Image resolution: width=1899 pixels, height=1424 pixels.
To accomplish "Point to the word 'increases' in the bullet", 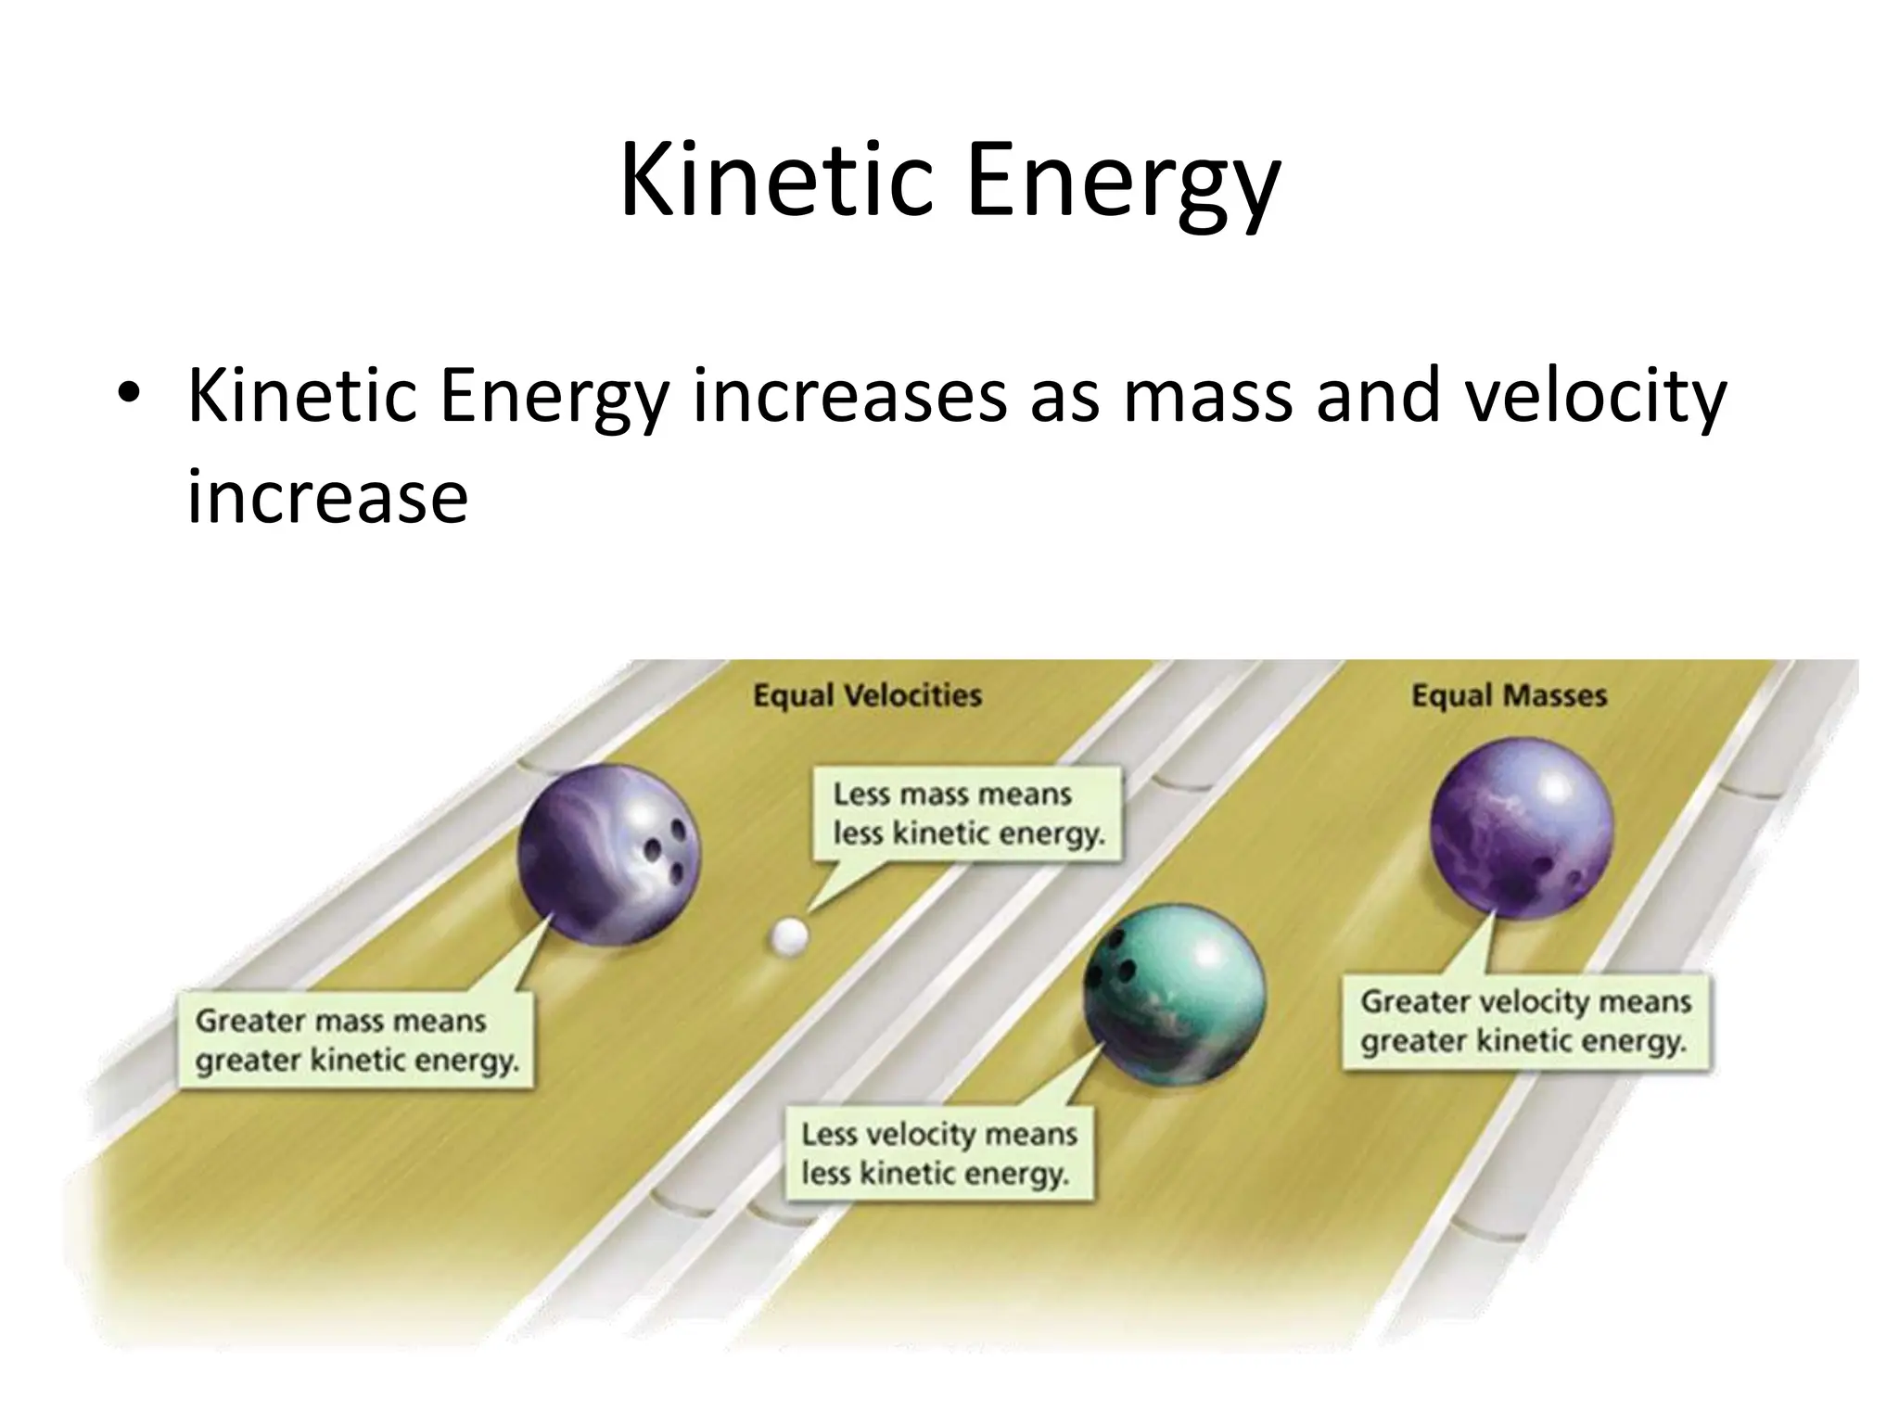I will pyautogui.click(x=849, y=397).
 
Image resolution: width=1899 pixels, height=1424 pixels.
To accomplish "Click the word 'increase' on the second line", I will pyautogui.click(x=327, y=497).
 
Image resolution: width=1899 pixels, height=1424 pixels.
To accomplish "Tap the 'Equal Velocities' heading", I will pyautogui.click(x=867, y=695).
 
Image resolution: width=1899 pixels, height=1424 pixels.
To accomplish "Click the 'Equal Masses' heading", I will pyautogui.click(x=1509, y=695).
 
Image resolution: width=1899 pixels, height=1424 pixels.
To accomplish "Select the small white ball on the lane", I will pyautogui.click(x=789, y=937).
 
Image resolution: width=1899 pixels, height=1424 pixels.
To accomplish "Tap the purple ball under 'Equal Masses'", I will pyautogui.click(x=1522, y=828).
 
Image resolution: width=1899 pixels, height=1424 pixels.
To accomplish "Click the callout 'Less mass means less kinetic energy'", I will pyautogui.click(x=968, y=814).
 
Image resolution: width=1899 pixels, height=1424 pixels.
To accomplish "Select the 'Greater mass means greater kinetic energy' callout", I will pyautogui.click(x=356, y=1040).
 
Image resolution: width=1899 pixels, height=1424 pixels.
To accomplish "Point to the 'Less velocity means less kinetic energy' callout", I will pyautogui.click(x=938, y=1153).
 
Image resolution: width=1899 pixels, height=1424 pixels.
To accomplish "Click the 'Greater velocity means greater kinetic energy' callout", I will pyautogui.click(x=1525, y=1021).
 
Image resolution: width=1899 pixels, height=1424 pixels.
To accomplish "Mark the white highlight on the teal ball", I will pyautogui.click(x=1211, y=955).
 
